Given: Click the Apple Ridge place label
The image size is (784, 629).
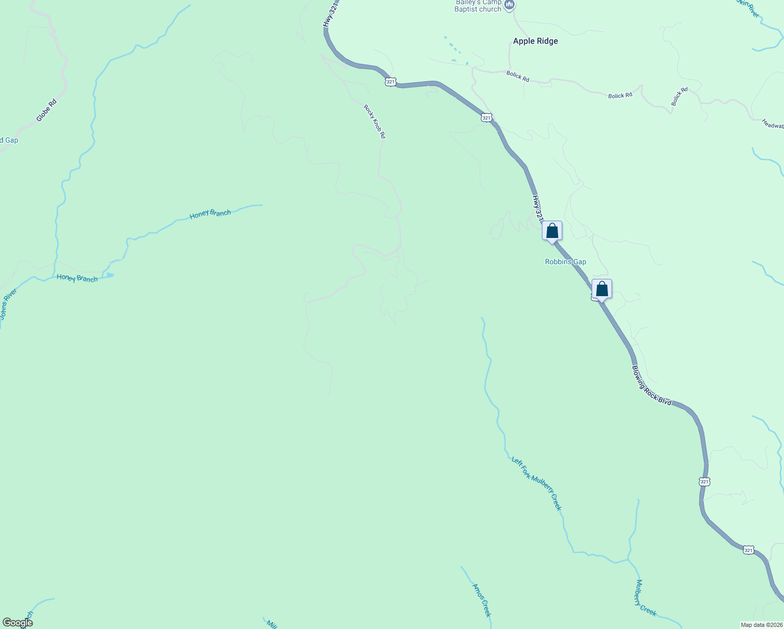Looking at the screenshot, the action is coord(535,41).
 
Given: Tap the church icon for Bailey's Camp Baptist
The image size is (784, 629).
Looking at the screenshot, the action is coord(509,5).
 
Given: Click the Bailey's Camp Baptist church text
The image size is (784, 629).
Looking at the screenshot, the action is coord(478,6).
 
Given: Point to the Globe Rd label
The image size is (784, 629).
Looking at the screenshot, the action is coord(47,110).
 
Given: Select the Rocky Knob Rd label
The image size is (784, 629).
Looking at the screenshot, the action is coord(375,122).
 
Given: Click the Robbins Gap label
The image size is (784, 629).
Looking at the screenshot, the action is coord(565,262).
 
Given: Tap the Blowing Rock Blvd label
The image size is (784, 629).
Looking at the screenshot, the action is coord(651,385).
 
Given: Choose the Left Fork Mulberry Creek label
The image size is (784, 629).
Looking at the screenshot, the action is coord(536,483).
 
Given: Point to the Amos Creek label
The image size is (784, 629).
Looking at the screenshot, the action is coord(482,600).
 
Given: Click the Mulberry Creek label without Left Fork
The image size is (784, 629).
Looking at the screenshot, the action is coord(646,598).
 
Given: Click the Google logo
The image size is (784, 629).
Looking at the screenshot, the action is coord(17,623).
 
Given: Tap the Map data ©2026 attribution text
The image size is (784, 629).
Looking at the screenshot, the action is coord(761,625).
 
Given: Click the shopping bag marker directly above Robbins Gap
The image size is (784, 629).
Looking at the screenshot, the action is coord(552,231).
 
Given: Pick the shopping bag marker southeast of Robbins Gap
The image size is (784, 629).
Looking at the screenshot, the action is coord(602,289).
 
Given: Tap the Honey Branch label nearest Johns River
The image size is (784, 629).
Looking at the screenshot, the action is coord(77,278).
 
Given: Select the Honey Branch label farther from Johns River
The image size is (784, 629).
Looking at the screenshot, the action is coord(210,214).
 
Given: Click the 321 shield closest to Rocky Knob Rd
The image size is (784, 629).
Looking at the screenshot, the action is coord(390,82).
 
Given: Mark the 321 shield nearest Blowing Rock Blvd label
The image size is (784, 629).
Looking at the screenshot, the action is coord(704,481).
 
